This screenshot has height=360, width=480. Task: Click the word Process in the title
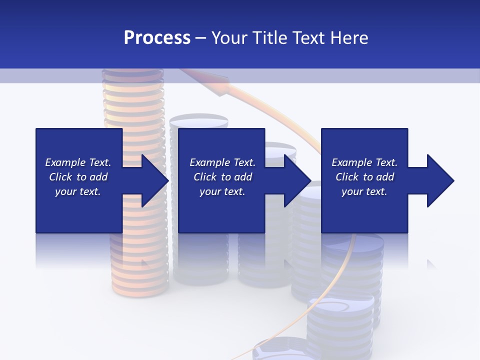[157, 38]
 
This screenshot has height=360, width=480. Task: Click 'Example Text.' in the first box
[78, 162]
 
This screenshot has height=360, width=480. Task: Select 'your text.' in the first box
[78, 191]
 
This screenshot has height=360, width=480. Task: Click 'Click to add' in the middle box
[222, 177]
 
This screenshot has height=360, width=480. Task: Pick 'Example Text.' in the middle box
[222, 162]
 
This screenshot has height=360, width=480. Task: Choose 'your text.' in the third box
[364, 191]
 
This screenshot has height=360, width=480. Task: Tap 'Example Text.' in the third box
[364, 162]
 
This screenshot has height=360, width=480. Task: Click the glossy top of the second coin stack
[198, 121]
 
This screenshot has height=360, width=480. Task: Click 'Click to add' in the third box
[364, 177]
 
